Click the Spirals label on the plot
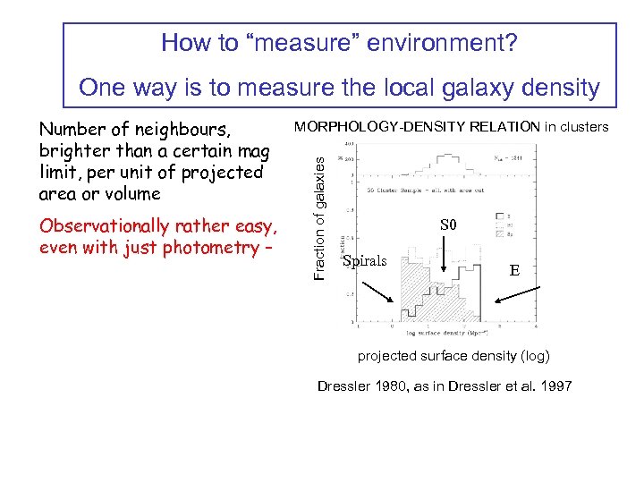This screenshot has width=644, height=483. (x=364, y=261)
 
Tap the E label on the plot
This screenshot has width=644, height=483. (x=513, y=269)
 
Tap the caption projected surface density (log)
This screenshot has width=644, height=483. (x=453, y=356)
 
